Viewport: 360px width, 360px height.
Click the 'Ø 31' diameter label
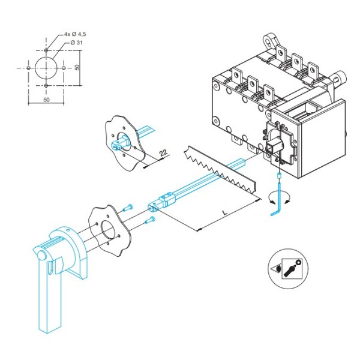coord(74,44)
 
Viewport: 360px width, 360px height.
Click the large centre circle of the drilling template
coord(46,68)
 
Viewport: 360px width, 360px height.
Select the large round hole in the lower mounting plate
coord(108,231)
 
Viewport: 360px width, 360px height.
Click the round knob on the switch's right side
coord(341,77)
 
